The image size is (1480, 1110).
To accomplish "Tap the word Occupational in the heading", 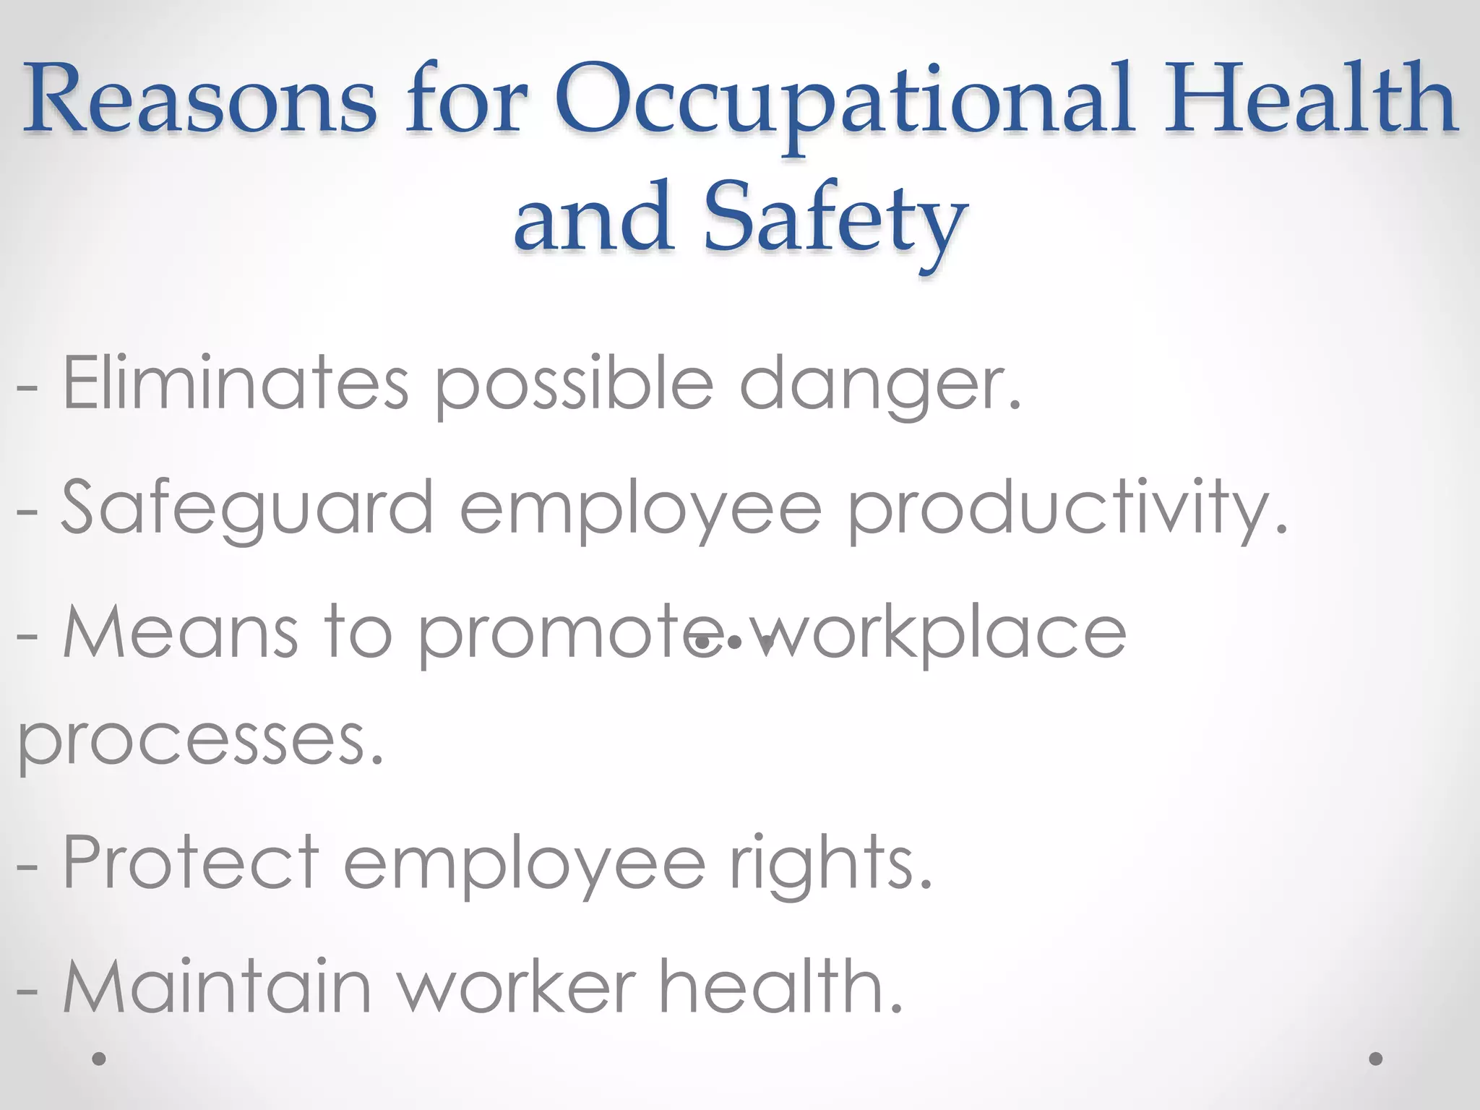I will [x=843, y=101].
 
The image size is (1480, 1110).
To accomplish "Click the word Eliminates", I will [x=236, y=383].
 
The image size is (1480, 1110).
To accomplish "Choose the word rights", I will [x=831, y=864].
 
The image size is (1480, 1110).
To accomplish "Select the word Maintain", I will [x=217, y=986].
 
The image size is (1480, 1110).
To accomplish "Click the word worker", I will [x=517, y=986].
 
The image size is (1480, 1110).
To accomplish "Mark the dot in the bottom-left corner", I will [x=99, y=1059].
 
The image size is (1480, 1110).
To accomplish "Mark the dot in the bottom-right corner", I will [x=1376, y=1059].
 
